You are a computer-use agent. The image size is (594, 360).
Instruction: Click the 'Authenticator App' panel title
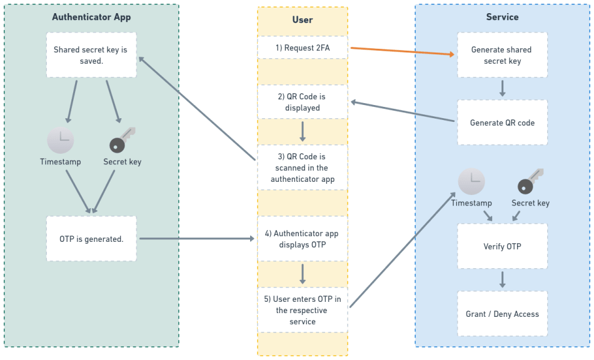pyautogui.click(x=91, y=17)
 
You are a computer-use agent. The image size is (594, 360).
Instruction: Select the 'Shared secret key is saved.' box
pyautogui.click(x=91, y=55)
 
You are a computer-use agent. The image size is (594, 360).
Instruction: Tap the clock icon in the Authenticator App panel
pyautogui.click(x=61, y=140)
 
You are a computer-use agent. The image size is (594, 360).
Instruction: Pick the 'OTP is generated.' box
pyautogui.click(x=91, y=239)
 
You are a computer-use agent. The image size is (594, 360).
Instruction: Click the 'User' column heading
pyautogui.click(x=303, y=20)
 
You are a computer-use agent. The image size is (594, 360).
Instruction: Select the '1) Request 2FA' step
pyautogui.click(x=303, y=47)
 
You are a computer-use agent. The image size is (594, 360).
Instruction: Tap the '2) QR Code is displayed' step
pyautogui.click(x=303, y=102)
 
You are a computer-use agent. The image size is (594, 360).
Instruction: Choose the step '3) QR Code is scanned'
pyautogui.click(x=303, y=167)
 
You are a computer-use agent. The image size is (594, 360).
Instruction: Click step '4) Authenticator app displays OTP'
pyautogui.click(x=303, y=239)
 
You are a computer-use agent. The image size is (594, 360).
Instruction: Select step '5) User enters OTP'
pyautogui.click(x=303, y=309)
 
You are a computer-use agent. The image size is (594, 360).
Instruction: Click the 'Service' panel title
pyautogui.click(x=502, y=17)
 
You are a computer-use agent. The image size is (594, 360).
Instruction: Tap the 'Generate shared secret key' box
pyautogui.click(x=502, y=55)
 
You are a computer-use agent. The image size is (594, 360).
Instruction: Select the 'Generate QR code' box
pyautogui.click(x=502, y=122)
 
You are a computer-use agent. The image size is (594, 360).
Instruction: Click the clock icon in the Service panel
pyautogui.click(x=471, y=181)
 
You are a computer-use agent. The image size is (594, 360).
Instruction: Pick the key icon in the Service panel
pyautogui.click(x=530, y=181)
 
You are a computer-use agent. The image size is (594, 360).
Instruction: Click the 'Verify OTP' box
pyautogui.click(x=502, y=246)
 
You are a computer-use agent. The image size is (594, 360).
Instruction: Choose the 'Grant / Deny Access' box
pyautogui.click(x=502, y=314)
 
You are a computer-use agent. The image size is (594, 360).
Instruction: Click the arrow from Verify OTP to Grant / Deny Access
pyautogui.click(x=502, y=279)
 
